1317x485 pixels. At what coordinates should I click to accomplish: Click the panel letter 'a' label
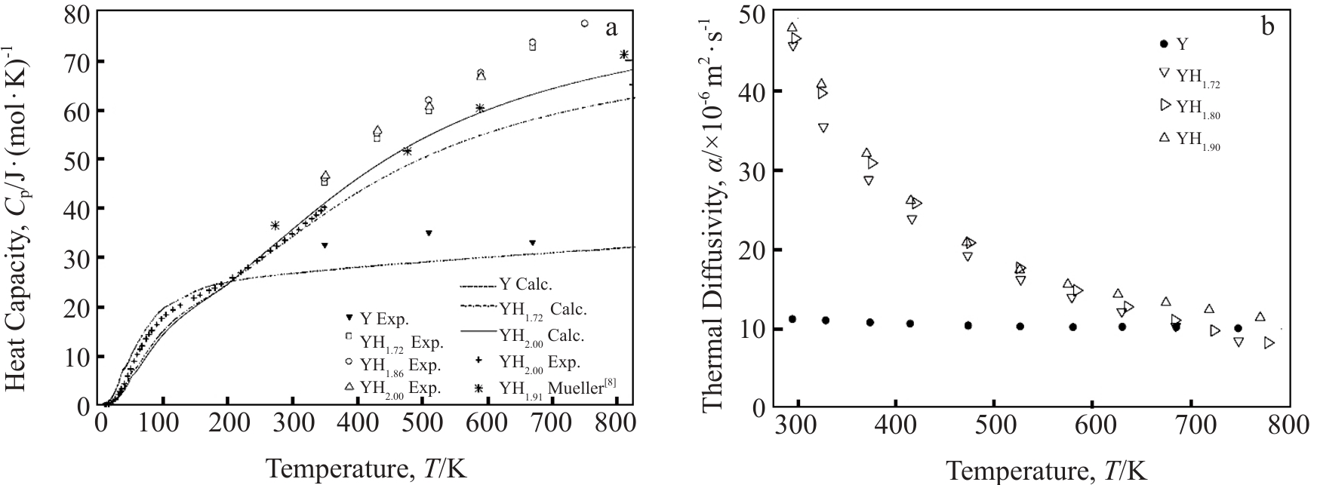coord(611,29)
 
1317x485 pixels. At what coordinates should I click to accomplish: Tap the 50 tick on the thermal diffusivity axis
coord(755,14)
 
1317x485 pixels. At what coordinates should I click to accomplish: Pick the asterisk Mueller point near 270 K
coord(275,226)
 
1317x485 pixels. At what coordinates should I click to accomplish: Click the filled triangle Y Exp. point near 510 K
coord(429,233)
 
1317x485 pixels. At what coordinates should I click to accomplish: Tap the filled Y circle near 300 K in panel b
coord(792,319)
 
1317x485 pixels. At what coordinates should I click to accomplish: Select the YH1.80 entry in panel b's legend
coord(1188,107)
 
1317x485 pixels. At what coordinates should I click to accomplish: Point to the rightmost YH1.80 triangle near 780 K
coord(1269,342)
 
